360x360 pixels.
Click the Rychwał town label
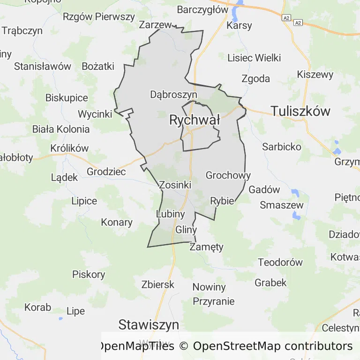(195, 120)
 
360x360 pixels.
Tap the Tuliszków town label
(300, 111)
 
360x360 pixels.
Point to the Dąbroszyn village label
(173, 94)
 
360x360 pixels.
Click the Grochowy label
(228, 176)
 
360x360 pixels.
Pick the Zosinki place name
(175, 185)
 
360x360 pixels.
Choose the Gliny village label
(186, 230)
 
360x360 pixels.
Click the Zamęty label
(207, 247)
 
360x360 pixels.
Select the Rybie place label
(222, 201)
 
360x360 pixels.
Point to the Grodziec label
(106, 172)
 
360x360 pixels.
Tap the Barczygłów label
(202, 9)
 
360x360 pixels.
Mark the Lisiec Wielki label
(254, 58)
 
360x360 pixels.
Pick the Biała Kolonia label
(61, 129)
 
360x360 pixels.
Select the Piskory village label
(89, 274)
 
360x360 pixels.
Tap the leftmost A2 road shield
(286, 18)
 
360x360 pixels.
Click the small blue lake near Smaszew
(296, 216)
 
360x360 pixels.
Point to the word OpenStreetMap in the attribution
(237, 346)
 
